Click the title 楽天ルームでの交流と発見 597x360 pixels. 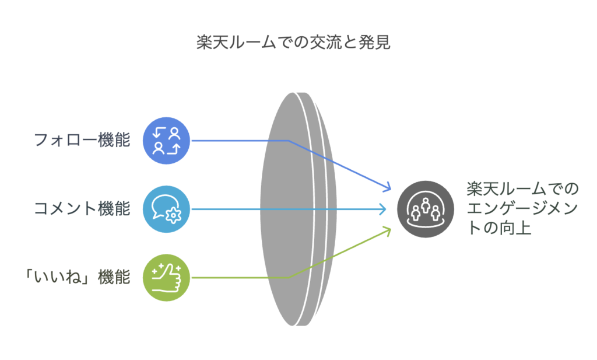point(293,42)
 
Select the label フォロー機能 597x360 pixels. point(82,140)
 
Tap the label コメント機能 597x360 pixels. point(82,208)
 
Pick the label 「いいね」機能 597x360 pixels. point(78,277)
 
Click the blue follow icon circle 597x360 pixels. point(166,141)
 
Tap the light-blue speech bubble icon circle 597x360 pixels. point(166,209)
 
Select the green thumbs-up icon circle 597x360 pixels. point(166,278)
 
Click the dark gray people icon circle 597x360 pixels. point(426,209)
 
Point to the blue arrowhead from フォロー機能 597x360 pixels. point(388,187)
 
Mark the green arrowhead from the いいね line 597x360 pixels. point(388,231)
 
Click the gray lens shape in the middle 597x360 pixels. point(298,209)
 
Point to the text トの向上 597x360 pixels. point(499,228)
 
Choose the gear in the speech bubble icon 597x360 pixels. point(174,215)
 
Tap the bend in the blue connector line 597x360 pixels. point(288,141)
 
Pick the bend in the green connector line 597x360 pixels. point(288,277)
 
